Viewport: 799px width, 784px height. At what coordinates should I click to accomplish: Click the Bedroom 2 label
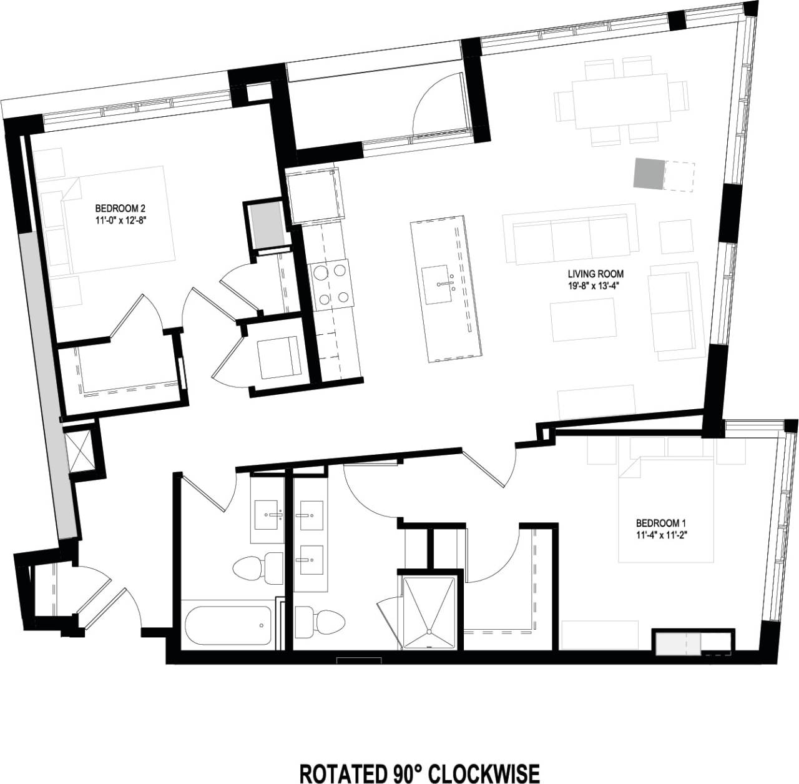click(x=120, y=208)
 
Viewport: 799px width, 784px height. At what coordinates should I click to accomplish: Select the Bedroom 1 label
click(x=660, y=522)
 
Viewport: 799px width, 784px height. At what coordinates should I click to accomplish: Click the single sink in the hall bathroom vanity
click(x=269, y=516)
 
